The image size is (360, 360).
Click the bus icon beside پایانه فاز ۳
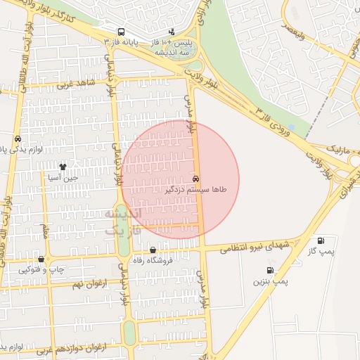click(122, 32)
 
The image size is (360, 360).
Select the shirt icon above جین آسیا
click(63, 167)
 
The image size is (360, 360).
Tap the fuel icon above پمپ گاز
click(321, 240)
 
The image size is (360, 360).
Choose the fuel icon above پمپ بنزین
click(270, 271)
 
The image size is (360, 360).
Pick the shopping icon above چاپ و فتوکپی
click(41, 259)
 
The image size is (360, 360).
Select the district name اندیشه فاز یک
click(123, 221)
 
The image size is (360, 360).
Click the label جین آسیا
click(63, 179)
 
